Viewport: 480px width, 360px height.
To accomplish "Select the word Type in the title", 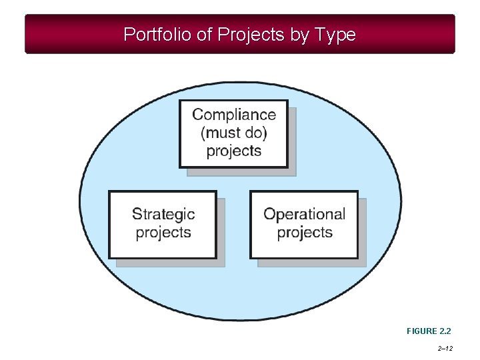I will (335, 35).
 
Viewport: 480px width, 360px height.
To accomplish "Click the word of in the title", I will (204, 35).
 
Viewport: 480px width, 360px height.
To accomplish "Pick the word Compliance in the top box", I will (234, 115).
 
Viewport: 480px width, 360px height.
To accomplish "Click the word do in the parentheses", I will (256, 133).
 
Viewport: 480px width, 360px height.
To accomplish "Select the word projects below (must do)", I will (234, 151).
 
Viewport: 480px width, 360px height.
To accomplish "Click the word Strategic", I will (163, 214).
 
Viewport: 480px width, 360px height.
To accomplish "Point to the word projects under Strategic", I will (163, 233).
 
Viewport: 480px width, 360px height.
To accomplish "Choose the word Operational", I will (304, 214).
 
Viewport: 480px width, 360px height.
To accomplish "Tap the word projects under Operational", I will (304, 233).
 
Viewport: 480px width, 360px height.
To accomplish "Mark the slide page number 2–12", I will (447, 348).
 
